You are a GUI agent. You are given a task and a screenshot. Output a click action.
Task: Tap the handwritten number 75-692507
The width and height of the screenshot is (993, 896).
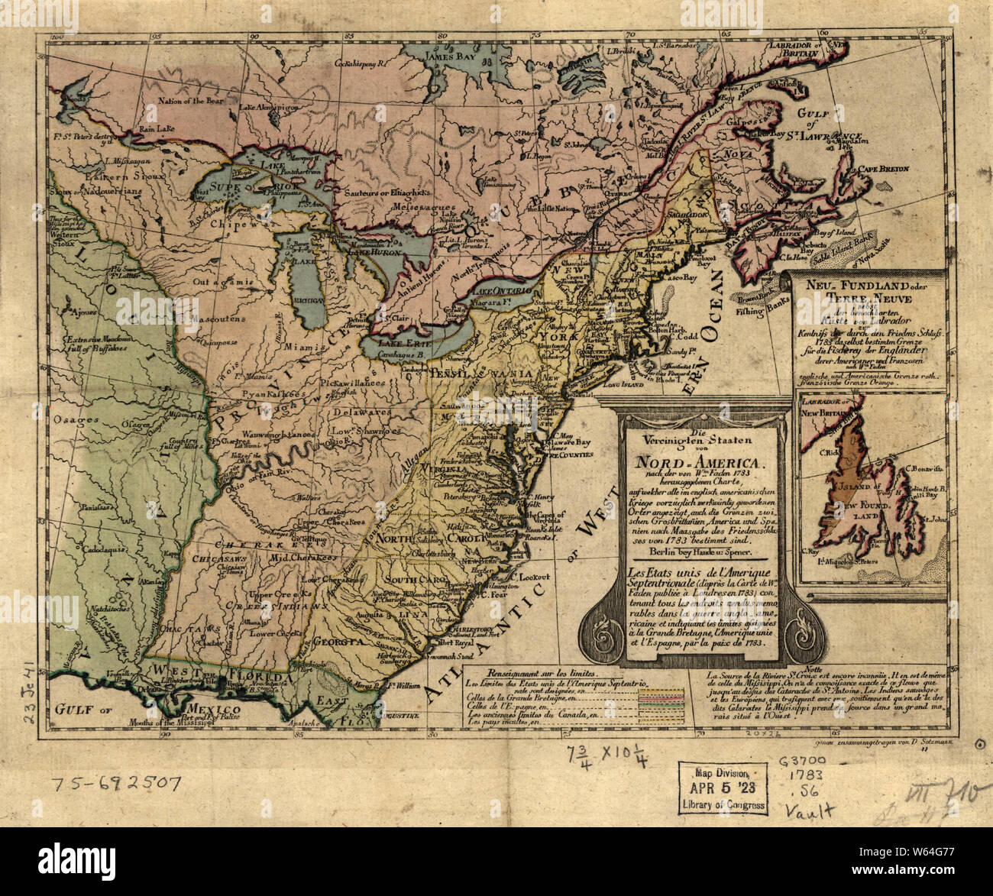click(116, 783)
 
